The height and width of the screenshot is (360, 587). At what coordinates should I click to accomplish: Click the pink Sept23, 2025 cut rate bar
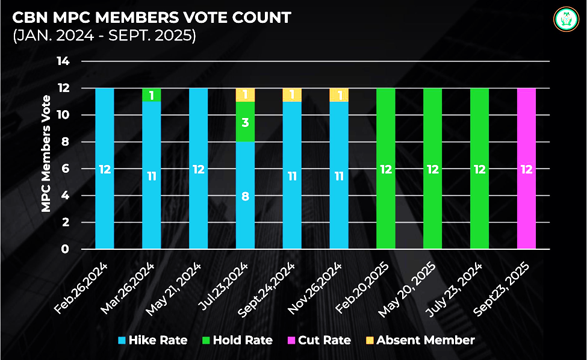(x=526, y=169)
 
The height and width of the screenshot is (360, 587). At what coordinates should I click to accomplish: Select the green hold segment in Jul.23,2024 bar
(x=245, y=122)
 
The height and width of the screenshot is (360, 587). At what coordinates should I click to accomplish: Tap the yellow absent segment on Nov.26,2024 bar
(x=339, y=95)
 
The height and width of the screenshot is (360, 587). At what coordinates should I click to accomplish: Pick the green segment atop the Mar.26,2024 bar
(x=151, y=95)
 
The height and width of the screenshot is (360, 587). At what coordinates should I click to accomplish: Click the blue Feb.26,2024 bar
(x=105, y=169)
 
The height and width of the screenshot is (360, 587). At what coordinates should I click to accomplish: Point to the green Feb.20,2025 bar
(x=386, y=169)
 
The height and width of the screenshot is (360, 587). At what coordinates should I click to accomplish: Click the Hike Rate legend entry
(x=153, y=340)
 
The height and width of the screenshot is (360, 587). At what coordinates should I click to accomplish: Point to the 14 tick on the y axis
(x=63, y=61)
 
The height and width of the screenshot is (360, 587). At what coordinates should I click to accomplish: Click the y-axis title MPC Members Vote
(x=46, y=155)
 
